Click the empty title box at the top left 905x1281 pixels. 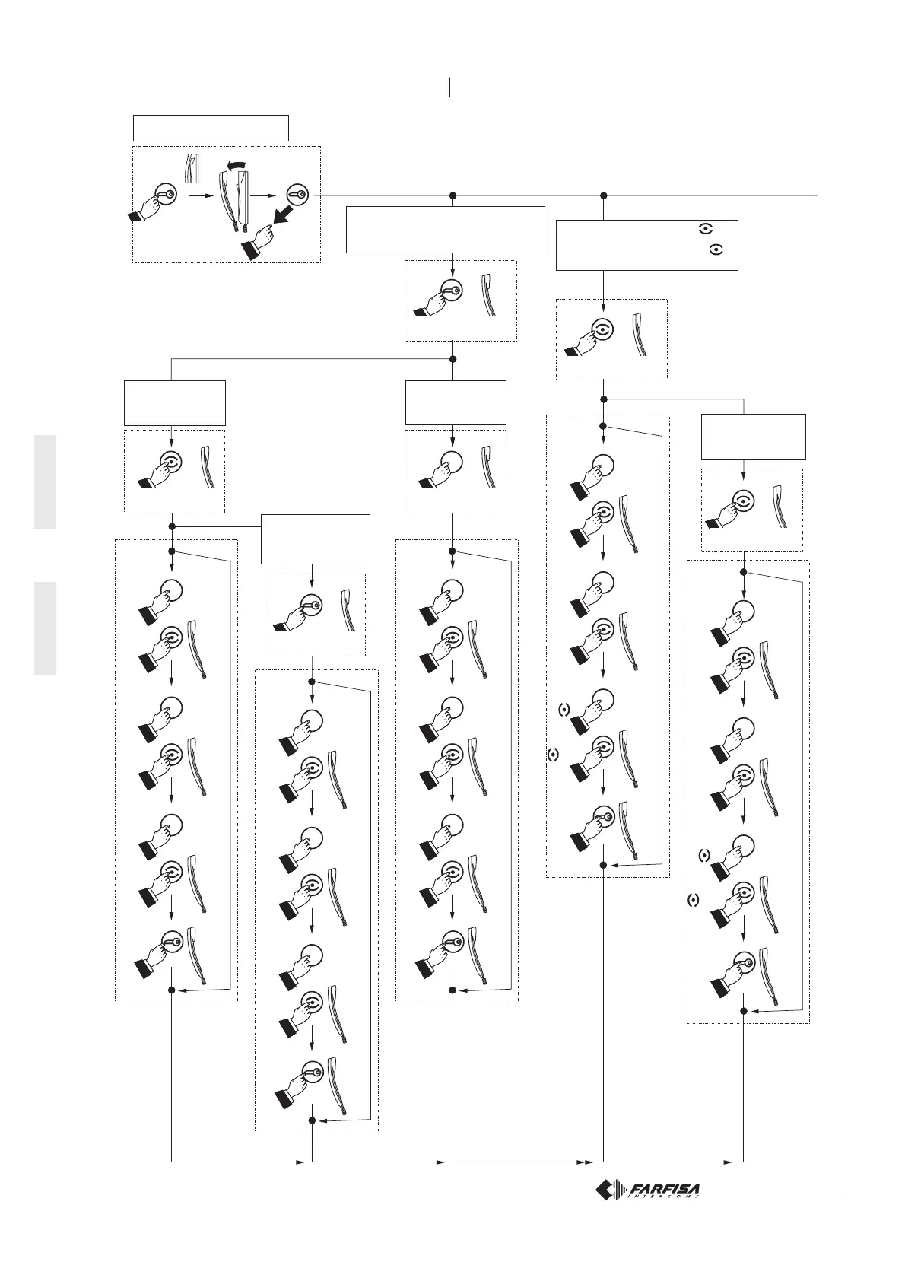(211, 128)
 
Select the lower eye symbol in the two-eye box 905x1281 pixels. (715, 249)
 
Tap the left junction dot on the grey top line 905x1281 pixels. (452, 195)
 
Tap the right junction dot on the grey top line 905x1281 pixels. (603, 195)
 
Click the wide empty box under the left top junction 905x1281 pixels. (445, 229)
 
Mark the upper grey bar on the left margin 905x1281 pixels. (45, 482)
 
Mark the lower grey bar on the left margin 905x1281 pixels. (45, 628)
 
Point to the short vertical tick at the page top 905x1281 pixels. (451, 87)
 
